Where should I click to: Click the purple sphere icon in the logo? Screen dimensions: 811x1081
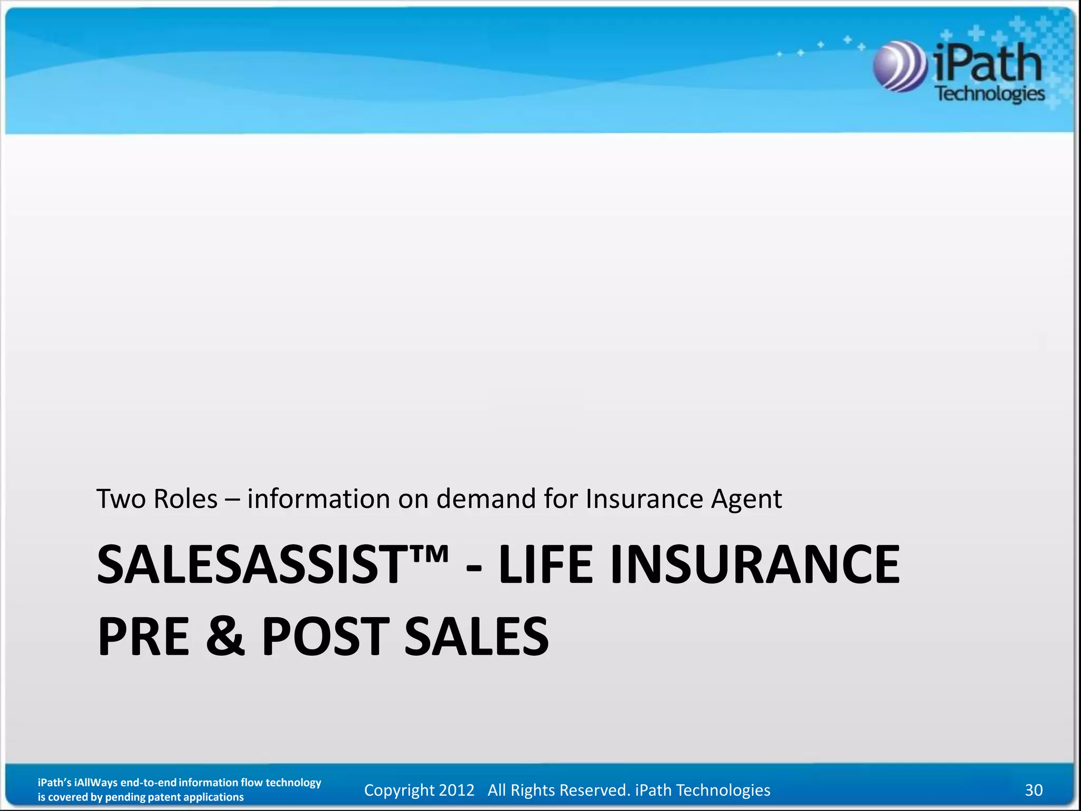tap(899, 67)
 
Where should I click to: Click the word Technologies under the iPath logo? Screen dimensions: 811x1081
tap(990, 94)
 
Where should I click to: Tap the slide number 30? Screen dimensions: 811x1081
tap(1033, 790)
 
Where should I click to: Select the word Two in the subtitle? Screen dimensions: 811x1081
tap(121, 499)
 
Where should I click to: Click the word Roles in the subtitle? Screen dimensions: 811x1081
tap(185, 499)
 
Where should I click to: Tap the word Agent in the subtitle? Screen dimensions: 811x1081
tap(746, 499)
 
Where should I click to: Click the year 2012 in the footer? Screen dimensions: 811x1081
tap(457, 790)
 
